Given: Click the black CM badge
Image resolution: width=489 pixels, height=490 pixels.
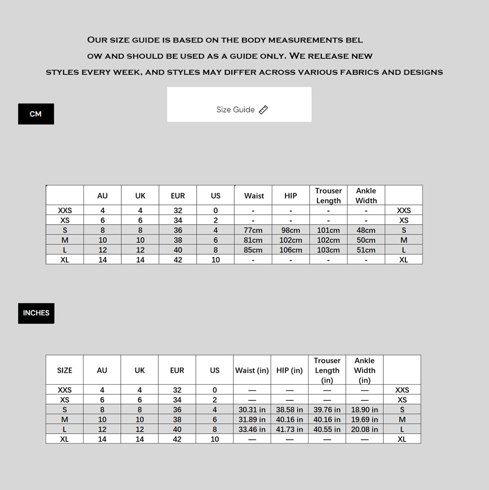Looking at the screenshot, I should pos(36,114).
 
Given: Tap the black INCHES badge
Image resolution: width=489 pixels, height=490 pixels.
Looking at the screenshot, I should pos(36,313).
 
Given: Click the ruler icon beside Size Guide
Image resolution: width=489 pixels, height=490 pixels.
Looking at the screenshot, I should pos(264,110).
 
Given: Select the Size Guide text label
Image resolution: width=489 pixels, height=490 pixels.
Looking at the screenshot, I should pos(236,110).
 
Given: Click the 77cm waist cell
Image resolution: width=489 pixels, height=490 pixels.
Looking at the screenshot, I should pos(253,230).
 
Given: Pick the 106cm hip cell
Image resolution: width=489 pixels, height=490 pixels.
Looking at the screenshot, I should pos(290,250).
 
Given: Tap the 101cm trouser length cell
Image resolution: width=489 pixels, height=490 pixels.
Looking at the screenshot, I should pos(328,230).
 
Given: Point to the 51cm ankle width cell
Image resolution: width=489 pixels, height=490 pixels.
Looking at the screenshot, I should pos(366,250).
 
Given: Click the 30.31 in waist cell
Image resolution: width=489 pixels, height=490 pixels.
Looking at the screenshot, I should pos(252,410).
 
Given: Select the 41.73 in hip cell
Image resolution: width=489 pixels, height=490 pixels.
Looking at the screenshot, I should pos(289,429).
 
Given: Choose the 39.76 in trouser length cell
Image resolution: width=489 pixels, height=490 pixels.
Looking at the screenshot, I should pos(327,410).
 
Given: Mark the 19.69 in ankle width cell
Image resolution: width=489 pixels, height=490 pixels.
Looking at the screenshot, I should pos(364,420).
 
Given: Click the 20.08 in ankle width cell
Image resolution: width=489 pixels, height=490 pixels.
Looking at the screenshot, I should pos(364,429).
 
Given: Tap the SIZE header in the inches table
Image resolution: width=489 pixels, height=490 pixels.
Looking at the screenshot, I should pos(65,371).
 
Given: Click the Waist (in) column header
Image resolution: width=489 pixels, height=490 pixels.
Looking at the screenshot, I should pos(252,371).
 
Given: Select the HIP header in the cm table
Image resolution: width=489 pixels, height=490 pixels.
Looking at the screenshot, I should pos(290,196).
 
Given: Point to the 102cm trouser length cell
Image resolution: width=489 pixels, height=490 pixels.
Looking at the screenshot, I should pos(328,240).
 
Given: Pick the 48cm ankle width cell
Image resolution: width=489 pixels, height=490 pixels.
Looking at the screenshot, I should pos(366,230).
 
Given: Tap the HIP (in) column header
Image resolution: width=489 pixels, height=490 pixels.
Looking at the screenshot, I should pos(289,371).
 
